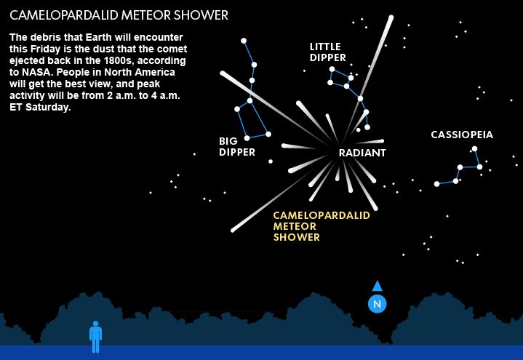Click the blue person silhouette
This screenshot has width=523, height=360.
coord(95,336)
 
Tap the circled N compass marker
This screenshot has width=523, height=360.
coord(377,304)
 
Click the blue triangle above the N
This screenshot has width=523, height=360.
coord(377,286)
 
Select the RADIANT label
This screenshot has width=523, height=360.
coord(362,153)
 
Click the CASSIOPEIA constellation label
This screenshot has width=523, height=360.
coord(462,135)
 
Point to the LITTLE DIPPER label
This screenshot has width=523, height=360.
coord(327,52)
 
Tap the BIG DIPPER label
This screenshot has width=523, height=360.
coord(237,146)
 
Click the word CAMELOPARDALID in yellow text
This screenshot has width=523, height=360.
coord(322,215)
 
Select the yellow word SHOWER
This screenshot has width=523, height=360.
coord(297,237)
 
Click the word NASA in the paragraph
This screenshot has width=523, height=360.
coord(35,72)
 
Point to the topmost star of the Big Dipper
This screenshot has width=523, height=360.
coord(244,41)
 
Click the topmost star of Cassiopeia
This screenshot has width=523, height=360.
coord(474,149)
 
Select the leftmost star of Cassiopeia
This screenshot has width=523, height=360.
coord(436,184)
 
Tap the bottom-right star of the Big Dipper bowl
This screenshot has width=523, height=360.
coord(268,134)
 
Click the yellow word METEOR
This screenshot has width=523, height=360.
coord(295,226)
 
